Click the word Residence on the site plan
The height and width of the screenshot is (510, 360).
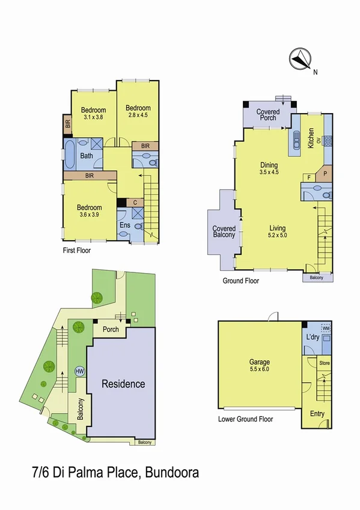123,384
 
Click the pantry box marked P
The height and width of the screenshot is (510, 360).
325,173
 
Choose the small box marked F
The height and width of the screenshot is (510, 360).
308,177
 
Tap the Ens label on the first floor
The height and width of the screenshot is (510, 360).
125,225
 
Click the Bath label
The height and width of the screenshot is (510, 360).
87,156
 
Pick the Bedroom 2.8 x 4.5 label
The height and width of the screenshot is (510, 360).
138,111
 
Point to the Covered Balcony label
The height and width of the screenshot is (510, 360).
224,232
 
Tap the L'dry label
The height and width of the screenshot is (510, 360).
313,337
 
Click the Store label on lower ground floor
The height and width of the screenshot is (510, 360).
325,363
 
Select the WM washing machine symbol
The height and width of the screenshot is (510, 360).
326,328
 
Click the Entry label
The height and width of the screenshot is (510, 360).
317,414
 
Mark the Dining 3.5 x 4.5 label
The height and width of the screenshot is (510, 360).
269,168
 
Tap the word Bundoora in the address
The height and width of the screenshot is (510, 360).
169,473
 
